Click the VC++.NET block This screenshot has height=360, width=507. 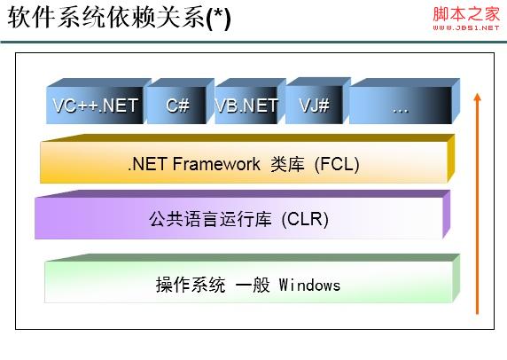[x=96, y=101]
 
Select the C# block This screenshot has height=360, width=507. [x=178, y=101]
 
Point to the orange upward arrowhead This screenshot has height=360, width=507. [x=477, y=98]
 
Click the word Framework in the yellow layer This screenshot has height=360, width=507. [x=216, y=164]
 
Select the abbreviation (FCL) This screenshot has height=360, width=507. [x=337, y=164]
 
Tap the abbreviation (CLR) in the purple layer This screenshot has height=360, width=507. [x=305, y=220]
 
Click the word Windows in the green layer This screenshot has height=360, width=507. [x=309, y=286]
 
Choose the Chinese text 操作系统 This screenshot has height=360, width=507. [x=191, y=285]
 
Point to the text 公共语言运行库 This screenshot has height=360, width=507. [x=210, y=219]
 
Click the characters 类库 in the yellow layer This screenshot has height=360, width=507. [x=287, y=164]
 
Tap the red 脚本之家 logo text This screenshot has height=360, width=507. [x=466, y=14]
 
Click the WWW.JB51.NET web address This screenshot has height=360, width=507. [x=466, y=27]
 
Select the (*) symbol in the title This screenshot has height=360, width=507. [x=218, y=19]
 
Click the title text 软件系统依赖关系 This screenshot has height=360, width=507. [x=106, y=17]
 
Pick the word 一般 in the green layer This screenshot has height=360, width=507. [x=253, y=285]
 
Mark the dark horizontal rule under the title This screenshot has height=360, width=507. [x=253, y=42]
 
